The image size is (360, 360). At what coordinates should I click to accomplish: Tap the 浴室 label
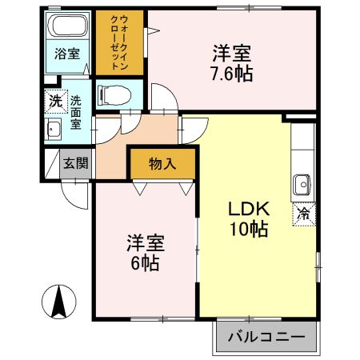pos(67,54)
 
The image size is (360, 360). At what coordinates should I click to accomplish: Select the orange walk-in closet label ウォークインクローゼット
pos(117,43)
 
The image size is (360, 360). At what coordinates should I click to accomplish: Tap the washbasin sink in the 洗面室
pos(54,130)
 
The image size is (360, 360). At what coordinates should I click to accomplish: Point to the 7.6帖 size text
pos(232,75)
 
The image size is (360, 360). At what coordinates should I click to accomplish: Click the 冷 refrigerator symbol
pos(304,214)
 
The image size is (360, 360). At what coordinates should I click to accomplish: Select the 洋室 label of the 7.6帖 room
pos(232,54)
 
